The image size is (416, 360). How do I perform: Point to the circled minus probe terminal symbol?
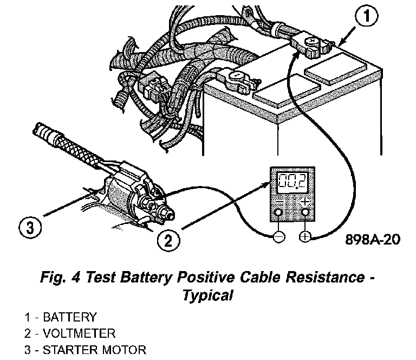coord(278,237)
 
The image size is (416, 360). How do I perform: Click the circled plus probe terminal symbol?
coord(304,237)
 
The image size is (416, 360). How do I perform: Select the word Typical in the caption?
coord(208,295)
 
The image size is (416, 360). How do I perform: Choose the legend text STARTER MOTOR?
coord(94,349)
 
